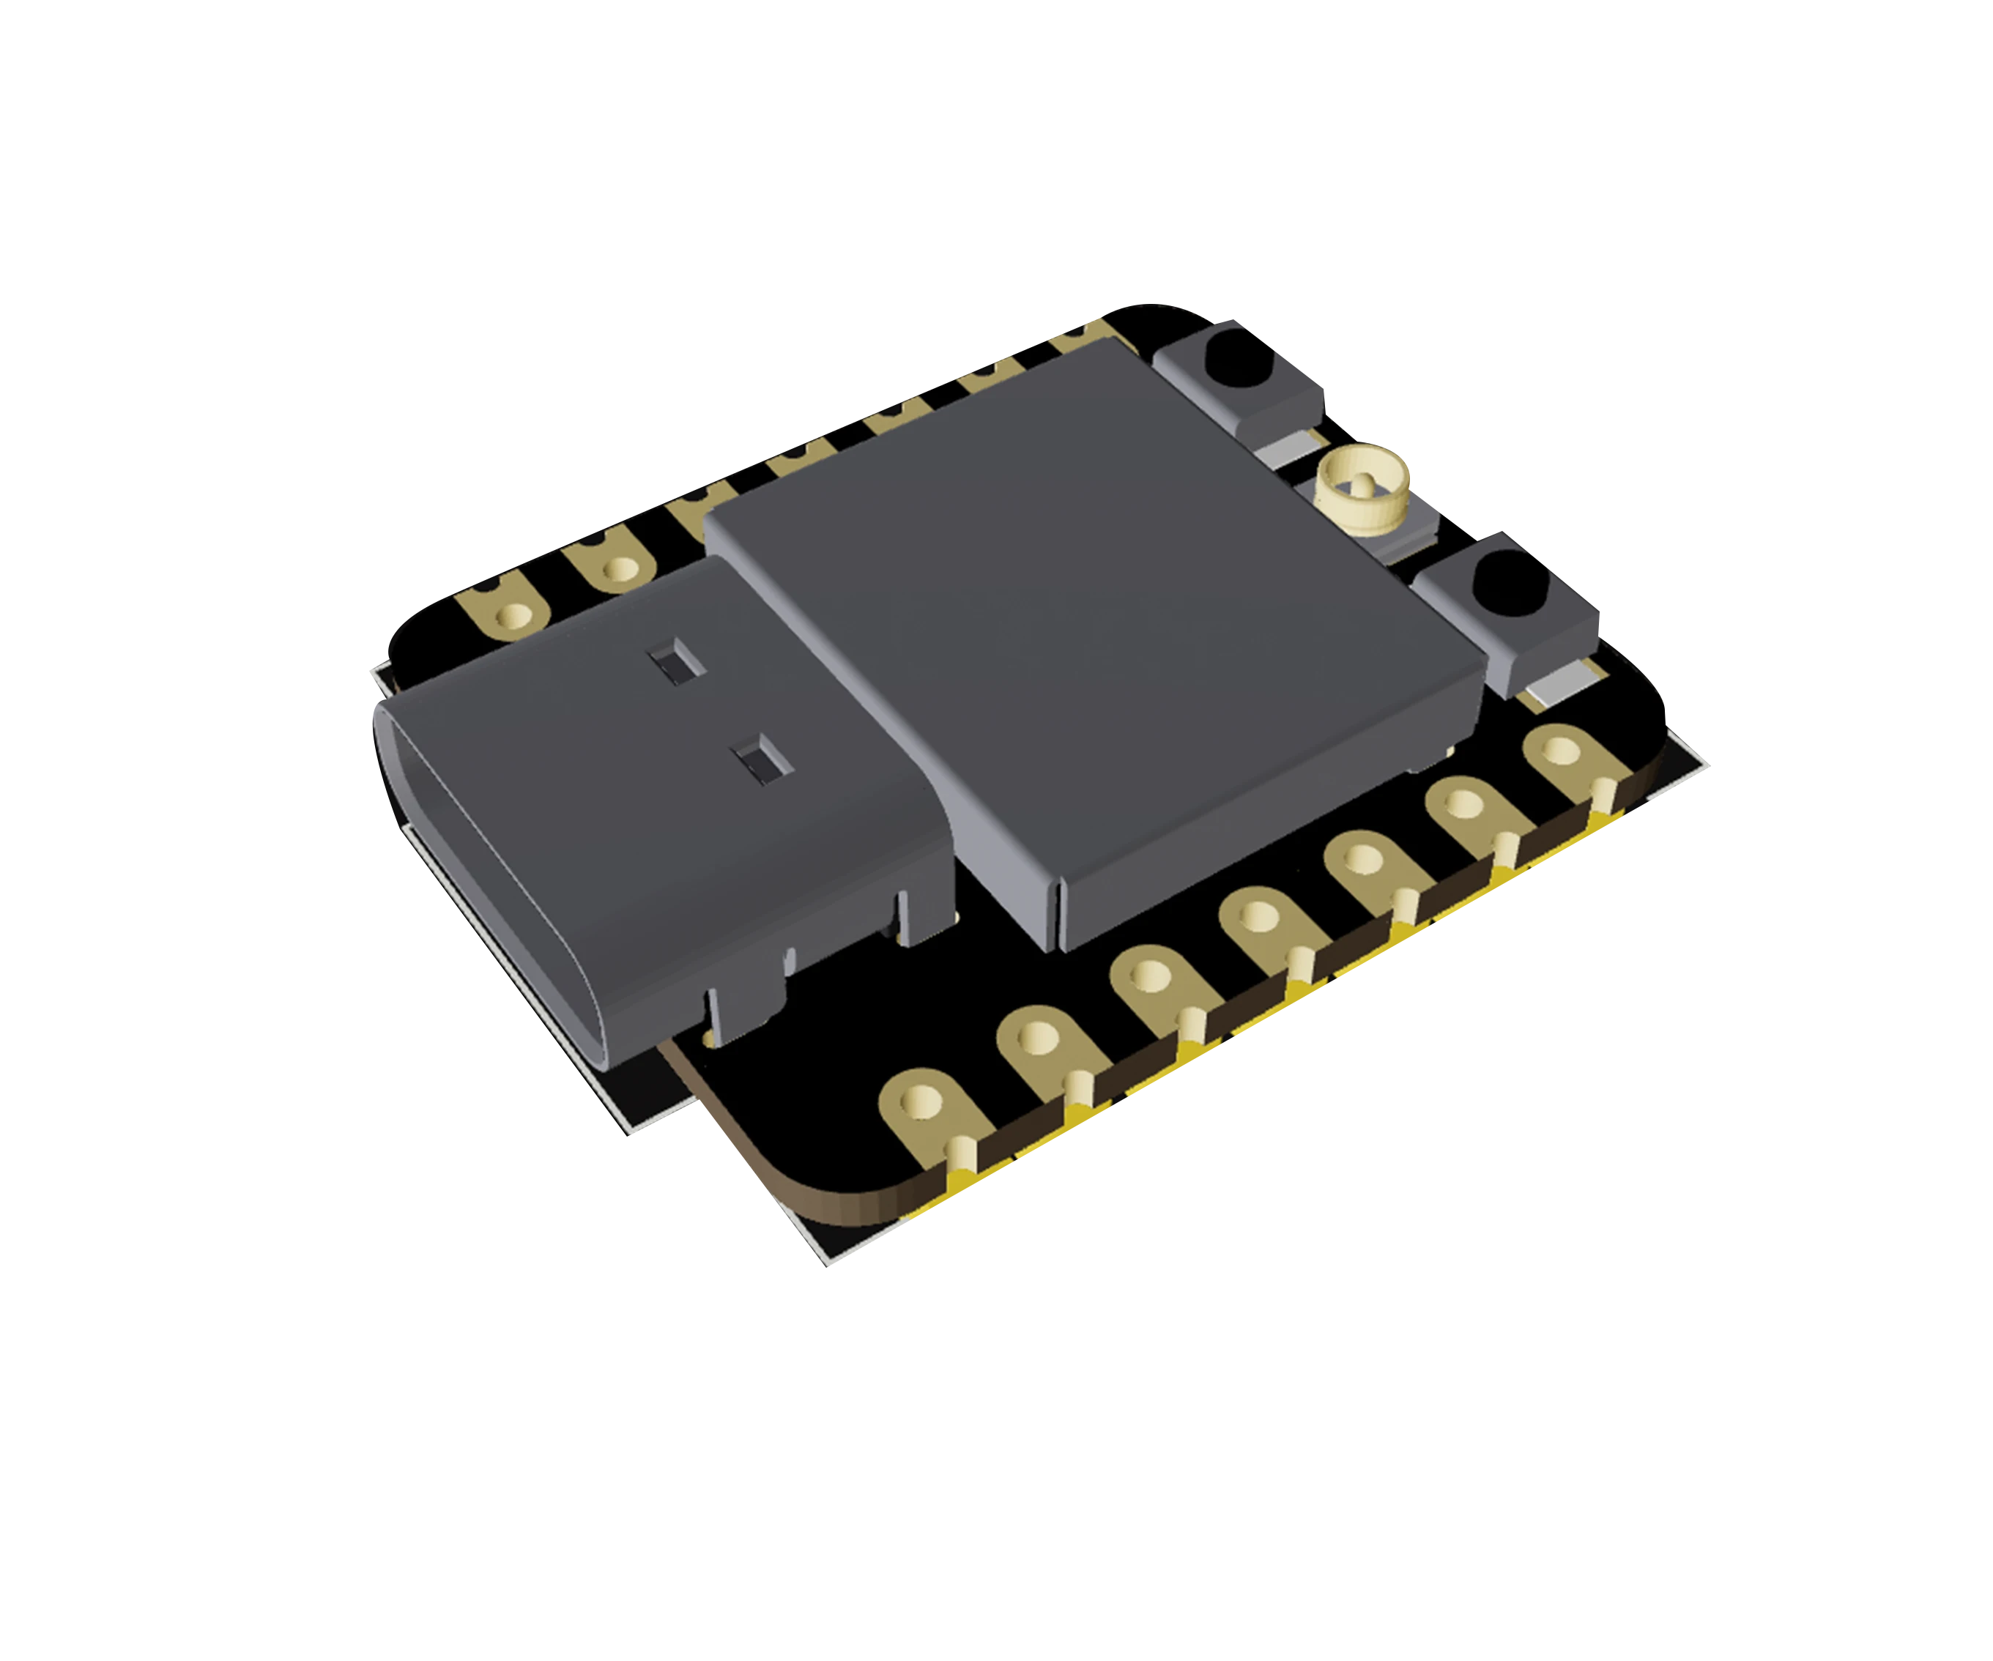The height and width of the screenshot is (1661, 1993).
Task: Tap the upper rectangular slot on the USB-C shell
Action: pos(678,664)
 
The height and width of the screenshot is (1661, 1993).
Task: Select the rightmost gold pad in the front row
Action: pos(1561,751)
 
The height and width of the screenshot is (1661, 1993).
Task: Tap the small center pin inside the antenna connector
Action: pos(1364,483)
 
